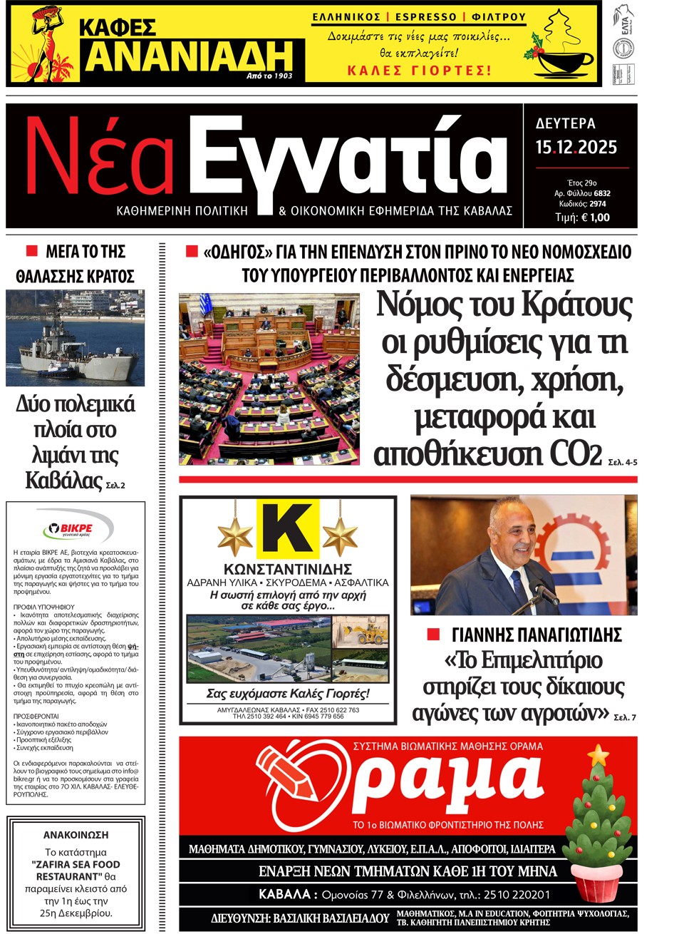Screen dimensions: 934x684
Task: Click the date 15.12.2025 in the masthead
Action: (576, 148)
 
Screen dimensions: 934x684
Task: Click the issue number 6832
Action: (601, 193)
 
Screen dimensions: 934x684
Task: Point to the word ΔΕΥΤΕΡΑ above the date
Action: (565, 123)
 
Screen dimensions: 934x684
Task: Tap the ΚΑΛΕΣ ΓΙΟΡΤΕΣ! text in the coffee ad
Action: (419, 71)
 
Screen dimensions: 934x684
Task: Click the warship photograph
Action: (76, 339)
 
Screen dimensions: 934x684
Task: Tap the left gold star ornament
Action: (235, 536)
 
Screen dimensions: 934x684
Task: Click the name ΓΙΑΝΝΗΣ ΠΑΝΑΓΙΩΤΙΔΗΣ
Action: (537, 635)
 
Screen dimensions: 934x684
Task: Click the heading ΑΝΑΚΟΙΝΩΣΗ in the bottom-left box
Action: (76, 835)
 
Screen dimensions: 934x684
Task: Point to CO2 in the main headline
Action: (576, 454)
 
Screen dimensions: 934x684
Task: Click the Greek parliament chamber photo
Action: (269, 379)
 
